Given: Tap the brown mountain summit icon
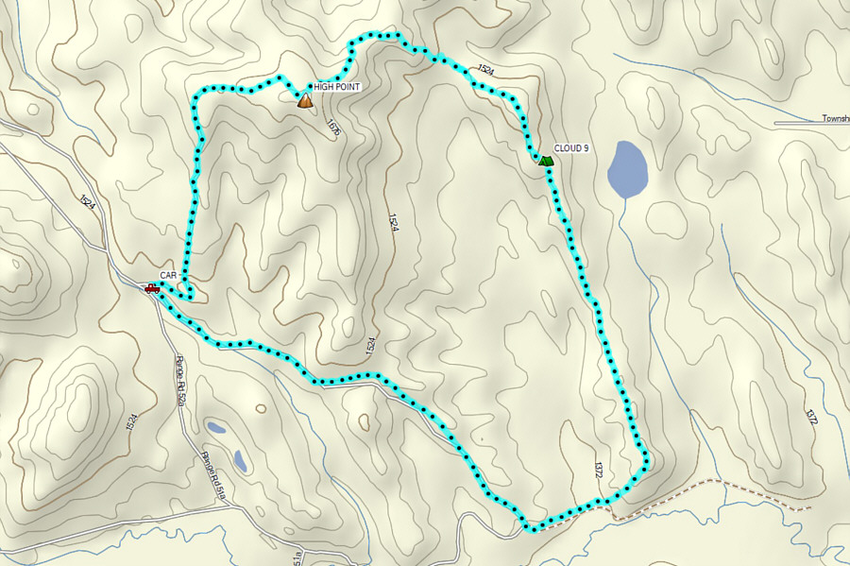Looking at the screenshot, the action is click(304, 99).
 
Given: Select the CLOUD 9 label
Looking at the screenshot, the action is click(571, 148).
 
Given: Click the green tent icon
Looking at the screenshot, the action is click(545, 161).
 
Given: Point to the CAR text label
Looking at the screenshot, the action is click(169, 275).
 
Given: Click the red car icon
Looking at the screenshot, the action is click(152, 288).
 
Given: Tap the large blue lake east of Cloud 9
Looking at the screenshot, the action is click(627, 169).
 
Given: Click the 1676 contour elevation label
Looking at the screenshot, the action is click(331, 128).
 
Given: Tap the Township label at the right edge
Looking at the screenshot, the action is click(833, 120).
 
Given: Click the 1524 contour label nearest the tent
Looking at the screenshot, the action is click(486, 69).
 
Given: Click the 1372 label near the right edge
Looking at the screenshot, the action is click(811, 417).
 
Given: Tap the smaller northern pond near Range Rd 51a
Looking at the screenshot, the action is click(217, 428).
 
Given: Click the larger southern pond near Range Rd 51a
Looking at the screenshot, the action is click(241, 461).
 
